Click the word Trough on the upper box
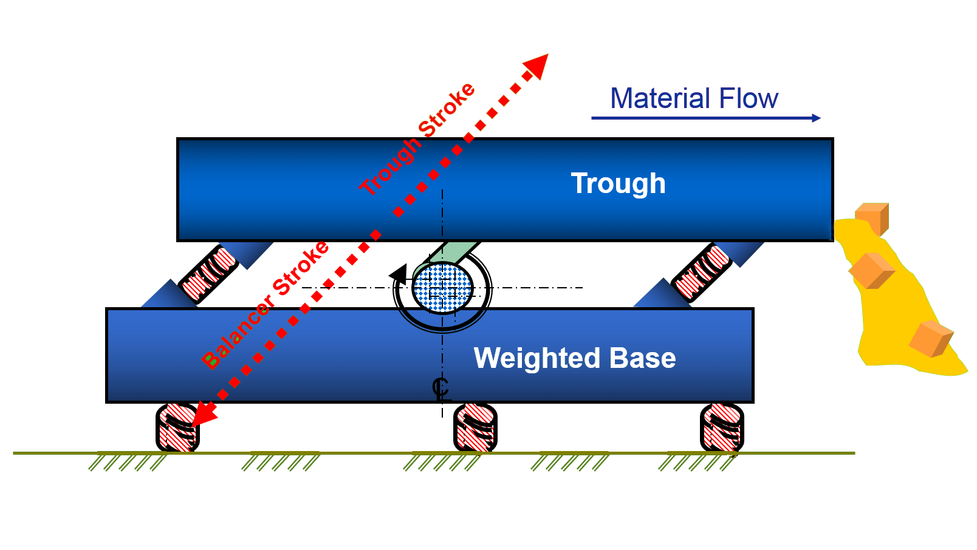pos(618,183)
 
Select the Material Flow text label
pos(694,98)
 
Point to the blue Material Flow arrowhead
pos(816,118)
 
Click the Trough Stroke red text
pos(417,139)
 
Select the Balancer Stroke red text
pos(266,305)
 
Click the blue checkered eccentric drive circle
pos(442,288)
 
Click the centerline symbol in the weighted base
pos(441,388)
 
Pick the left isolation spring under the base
pos(177,428)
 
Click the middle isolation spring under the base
pos(475,428)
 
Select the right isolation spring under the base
pos(722,428)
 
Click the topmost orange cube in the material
pos(872,217)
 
